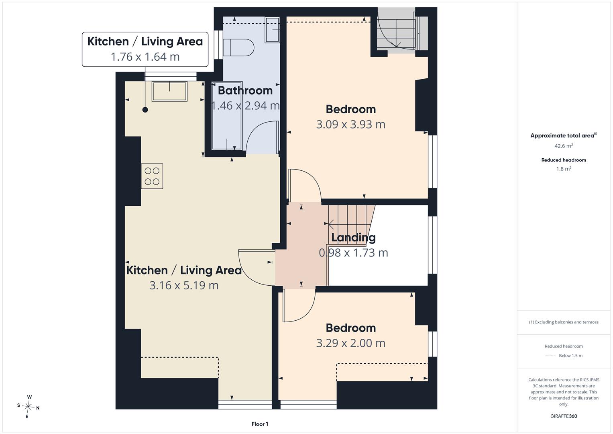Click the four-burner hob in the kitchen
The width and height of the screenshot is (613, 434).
coord(152,176)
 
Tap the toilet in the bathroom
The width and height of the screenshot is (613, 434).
coord(238,48)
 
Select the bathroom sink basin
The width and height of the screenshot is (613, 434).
coord(272,30)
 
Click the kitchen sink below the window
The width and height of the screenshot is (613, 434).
coord(170,91)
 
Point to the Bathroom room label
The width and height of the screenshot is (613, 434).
coord(245,90)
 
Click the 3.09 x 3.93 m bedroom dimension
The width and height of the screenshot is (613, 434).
coord(350,125)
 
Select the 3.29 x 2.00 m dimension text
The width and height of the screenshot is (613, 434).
coord(350,343)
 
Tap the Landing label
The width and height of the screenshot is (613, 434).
coord(353,237)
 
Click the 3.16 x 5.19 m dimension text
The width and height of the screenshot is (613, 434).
coord(184,285)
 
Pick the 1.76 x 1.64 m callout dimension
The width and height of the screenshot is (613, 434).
coord(145,57)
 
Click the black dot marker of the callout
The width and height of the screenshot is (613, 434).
coord(145,110)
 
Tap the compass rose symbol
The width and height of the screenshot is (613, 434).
coord(28,407)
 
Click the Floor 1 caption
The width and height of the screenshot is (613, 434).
coord(260,424)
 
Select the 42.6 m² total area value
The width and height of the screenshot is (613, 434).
coord(564,146)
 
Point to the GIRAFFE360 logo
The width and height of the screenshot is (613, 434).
coord(564,416)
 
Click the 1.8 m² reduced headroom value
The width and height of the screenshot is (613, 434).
coord(564,169)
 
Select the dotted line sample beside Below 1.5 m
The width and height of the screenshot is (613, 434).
coord(550,356)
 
